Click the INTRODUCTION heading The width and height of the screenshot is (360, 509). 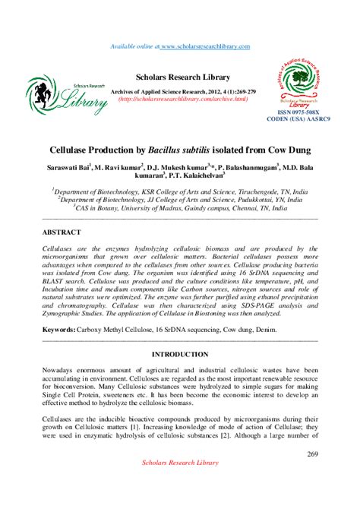pos(180,355)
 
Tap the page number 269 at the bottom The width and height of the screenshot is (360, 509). pos(312,454)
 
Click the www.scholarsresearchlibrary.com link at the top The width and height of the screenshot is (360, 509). pos(215,47)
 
